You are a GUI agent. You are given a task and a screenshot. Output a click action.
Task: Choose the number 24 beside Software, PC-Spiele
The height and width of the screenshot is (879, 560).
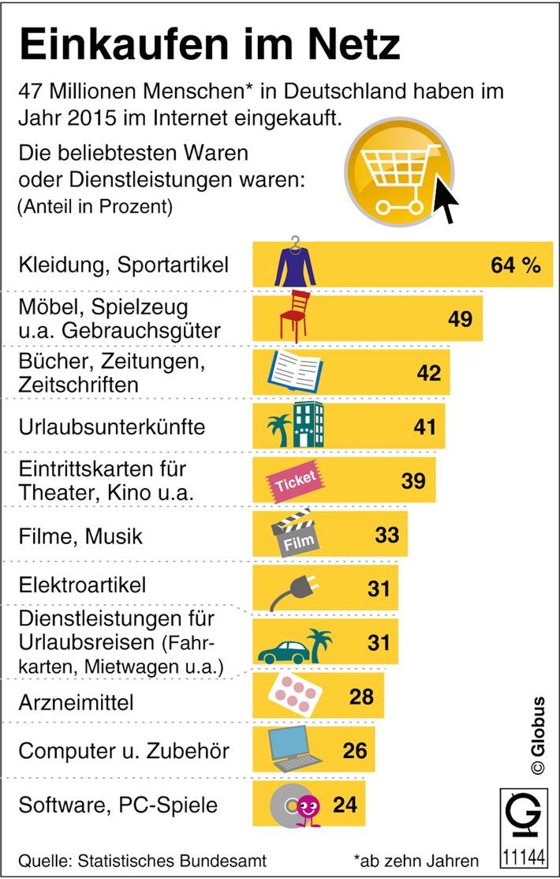pyautogui.click(x=345, y=805)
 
